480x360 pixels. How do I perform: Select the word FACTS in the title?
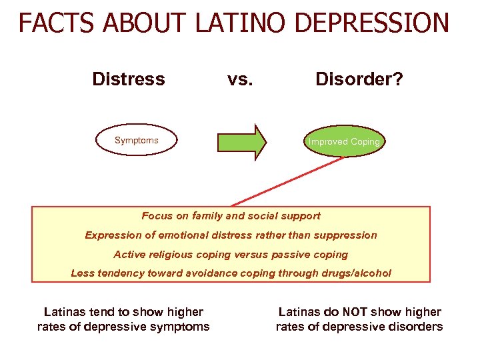tap(53, 23)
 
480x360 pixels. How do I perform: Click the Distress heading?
tap(129, 79)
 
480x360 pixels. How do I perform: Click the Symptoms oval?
tap(136, 141)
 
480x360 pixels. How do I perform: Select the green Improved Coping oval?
tap(344, 141)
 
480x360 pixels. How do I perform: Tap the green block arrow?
tap(241, 141)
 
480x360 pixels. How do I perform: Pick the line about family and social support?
tap(231, 216)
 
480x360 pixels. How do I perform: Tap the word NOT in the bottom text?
tap(355, 312)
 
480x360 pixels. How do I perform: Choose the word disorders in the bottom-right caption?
tap(411, 327)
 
